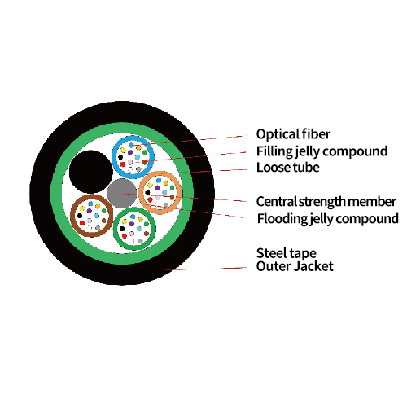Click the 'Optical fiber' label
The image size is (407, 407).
293,134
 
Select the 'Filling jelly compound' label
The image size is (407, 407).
322,151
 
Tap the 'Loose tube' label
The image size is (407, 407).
288,168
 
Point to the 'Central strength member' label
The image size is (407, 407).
326,202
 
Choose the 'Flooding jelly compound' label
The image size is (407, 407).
328,219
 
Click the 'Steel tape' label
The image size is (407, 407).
287,253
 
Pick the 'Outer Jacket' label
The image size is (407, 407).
295,266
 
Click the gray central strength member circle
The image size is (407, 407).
122,193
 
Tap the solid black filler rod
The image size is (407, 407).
91,172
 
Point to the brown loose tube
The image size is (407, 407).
72,216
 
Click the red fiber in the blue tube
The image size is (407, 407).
123,164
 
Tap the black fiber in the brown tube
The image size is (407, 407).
80,216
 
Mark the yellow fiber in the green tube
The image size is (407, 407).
125,221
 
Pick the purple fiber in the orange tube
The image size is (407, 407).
157,187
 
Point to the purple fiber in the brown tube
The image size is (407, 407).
90,211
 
